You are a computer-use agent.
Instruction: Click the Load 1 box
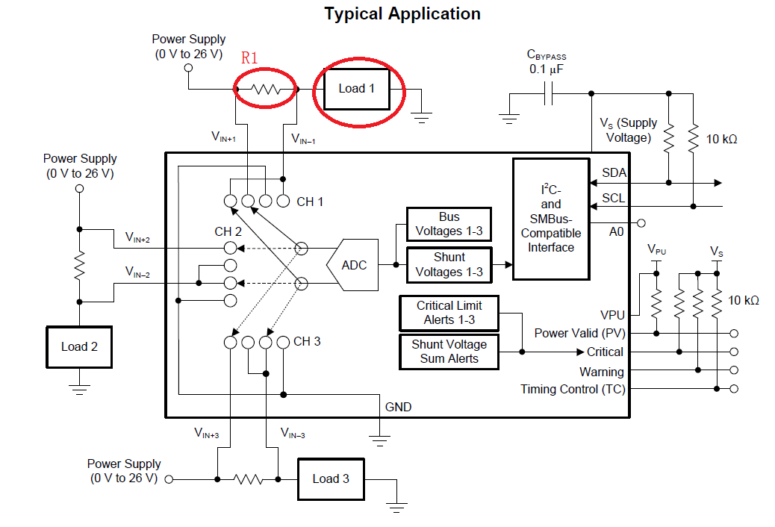(x=356, y=89)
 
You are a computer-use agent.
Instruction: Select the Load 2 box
(x=79, y=347)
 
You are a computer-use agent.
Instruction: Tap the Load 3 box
(x=331, y=479)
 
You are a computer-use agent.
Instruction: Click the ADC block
(x=352, y=265)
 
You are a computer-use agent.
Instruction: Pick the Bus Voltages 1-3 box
(x=449, y=224)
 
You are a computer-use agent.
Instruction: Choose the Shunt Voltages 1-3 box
(x=449, y=264)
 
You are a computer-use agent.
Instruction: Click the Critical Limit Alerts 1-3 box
(x=449, y=313)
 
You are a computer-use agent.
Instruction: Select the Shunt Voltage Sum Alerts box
(x=449, y=352)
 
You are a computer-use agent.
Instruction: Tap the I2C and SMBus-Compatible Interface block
(x=551, y=219)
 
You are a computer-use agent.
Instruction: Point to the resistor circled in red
(x=265, y=90)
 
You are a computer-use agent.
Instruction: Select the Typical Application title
(x=402, y=13)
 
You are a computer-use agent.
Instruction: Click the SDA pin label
(x=614, y=173)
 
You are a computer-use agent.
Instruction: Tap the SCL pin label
(x=614, y=198)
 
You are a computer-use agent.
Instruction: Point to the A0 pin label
(x=616, y=232)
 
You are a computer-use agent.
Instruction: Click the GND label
(x=398, y=408)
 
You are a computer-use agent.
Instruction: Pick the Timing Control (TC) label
(x=573, y=389)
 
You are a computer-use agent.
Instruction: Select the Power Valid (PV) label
(x=579, y=333)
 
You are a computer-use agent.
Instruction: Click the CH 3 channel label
(x=307, y=342)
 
